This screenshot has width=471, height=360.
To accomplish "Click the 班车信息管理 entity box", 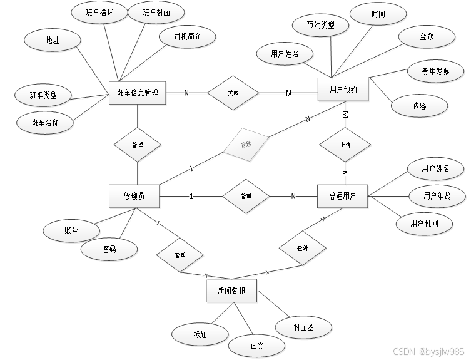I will click(137, 93).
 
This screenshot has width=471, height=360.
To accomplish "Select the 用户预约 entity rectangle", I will click(343, 90).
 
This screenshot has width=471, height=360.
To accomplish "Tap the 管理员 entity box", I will click(133, 196).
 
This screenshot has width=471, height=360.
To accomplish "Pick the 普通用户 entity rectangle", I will click(343, 196).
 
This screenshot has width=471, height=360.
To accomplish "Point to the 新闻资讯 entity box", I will click(231, 291).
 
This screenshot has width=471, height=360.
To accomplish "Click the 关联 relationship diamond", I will click(233, 93).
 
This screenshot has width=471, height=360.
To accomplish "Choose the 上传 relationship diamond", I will click(345, 145).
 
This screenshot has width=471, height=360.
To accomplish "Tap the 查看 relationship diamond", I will click(302, 249).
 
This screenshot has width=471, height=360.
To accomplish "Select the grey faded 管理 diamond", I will click(245, 144).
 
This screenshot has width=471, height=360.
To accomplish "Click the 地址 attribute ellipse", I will click(53, 40).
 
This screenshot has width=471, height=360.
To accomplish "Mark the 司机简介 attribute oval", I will click(187, 37).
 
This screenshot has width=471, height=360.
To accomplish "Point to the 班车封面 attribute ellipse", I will click(155, 12).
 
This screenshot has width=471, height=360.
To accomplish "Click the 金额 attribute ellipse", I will click(427, 36).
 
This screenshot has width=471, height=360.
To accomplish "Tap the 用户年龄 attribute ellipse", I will click(436, 196).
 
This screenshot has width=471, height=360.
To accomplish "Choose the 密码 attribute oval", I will click(109, 249).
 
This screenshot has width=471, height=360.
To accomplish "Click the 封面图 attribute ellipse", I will click(303, 326).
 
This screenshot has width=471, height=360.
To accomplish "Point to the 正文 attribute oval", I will click(257, 345).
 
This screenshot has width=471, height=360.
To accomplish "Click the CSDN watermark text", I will click(428, 352).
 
